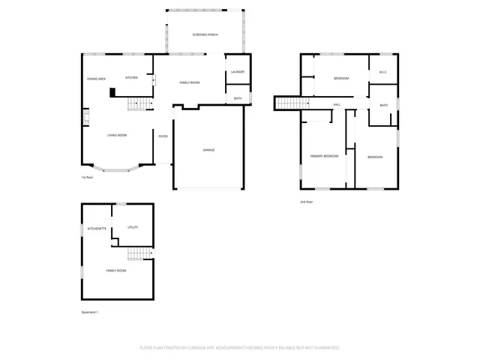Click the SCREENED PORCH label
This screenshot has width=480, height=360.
pos(205,35)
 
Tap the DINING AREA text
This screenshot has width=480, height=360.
pos(96,79)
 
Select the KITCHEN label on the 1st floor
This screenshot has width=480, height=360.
pos(131,78)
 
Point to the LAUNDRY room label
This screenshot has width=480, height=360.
pos(238,72)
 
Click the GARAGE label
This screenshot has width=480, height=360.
pos(208,150)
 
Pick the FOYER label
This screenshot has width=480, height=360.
pos(163,136)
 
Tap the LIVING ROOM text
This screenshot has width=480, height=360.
pos(116,135)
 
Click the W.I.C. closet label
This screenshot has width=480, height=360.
pos(382,73)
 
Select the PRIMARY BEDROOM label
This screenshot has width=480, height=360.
pos(324,156)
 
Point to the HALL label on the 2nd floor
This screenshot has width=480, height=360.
pos(337,104)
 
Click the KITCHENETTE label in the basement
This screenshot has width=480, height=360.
pos(97,228)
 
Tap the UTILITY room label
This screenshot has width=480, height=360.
pos(132,227)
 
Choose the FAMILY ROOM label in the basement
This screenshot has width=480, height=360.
pos(115,270)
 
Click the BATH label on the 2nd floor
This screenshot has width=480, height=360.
pos(383,105)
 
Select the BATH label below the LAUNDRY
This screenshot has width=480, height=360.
pos(238,98)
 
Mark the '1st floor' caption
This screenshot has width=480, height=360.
pos(88,178)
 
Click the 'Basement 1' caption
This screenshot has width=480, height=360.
pos(90,311)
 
